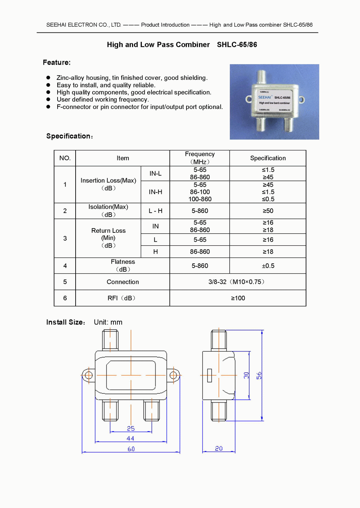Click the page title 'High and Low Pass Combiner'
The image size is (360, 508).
point(158,45)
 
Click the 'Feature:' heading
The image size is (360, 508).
point(57,62)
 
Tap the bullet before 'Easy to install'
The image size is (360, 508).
point(48,85)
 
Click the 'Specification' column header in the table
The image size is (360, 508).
point(268,158)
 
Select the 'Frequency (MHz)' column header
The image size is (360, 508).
point(200,158)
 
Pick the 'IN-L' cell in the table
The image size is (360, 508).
point(156,173)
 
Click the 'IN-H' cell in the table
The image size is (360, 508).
point(156,192)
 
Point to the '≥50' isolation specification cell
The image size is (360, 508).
point(268,211)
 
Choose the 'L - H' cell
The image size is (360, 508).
point(156,211)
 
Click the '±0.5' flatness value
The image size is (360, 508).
point(268,266)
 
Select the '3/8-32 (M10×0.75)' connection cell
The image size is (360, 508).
point(238,282)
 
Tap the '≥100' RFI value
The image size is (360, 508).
point(238,298)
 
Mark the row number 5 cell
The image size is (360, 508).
point(65,282)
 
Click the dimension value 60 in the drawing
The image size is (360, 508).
point(131,449)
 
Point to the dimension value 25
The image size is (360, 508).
point(131,428)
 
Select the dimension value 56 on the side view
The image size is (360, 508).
point(259,376)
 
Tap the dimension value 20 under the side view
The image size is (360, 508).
point(219,449)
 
